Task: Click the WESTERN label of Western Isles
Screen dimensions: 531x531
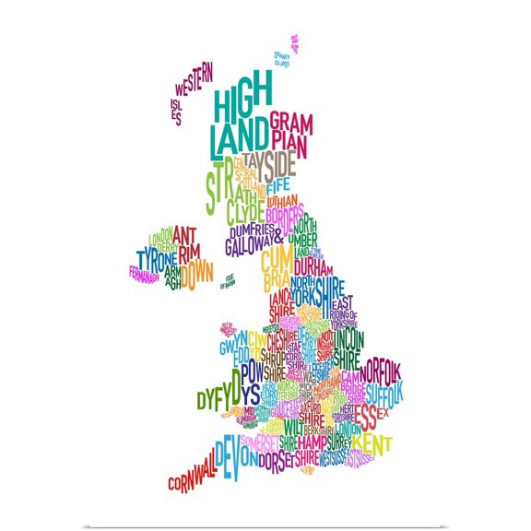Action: coord(194,83)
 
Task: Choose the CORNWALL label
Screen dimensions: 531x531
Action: coord(192,472)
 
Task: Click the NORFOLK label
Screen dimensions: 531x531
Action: coord(381,373)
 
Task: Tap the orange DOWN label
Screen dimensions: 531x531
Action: coord(196,274)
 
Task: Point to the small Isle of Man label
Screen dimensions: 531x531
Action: coord(229,281)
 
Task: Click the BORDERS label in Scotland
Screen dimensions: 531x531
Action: coord(283,214)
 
